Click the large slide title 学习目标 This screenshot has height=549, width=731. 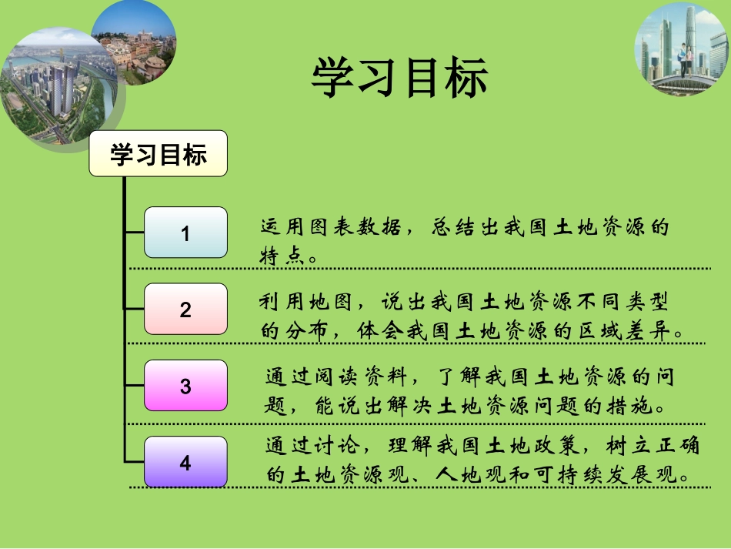pos(399,79)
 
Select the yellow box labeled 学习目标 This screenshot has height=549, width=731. pos(159,154)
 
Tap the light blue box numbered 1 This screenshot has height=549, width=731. pos(185,233)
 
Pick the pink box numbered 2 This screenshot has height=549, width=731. pos(185,310)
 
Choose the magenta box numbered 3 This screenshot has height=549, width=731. pos(185,386)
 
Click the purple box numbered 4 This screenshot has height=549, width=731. pos(185,463)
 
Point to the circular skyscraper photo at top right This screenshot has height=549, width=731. pos(679,43)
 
